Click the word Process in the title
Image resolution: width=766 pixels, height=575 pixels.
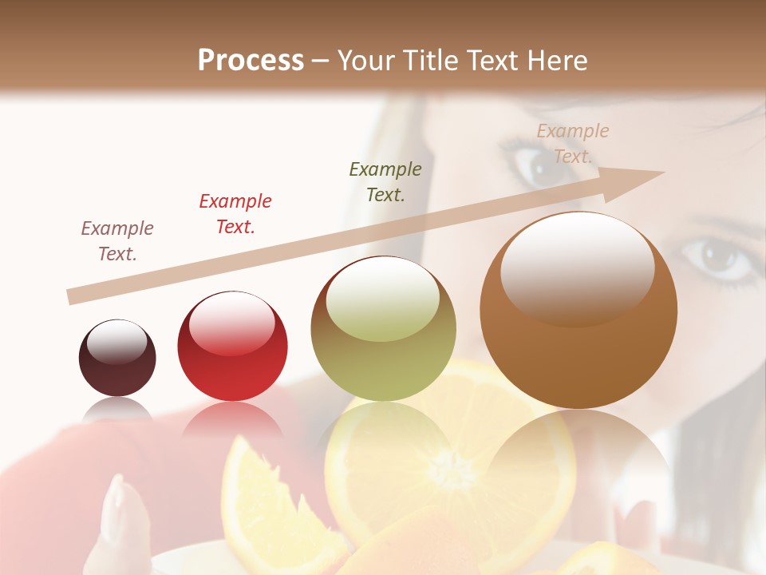[251, 60]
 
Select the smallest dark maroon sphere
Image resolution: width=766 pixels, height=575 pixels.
[117, 358]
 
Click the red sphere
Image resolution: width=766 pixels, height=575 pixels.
[232, 346]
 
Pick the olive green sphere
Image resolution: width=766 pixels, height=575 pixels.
[383, 329]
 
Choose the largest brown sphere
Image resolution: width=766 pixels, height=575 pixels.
[578, 311]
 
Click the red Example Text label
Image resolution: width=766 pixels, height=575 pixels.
[235, 214]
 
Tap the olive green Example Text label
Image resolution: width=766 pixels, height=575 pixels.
[385, 181]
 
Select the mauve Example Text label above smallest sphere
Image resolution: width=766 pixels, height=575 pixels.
[117, 241]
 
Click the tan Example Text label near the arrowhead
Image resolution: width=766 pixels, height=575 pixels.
[572, 144]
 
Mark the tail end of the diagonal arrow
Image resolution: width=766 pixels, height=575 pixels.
[72, 297]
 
